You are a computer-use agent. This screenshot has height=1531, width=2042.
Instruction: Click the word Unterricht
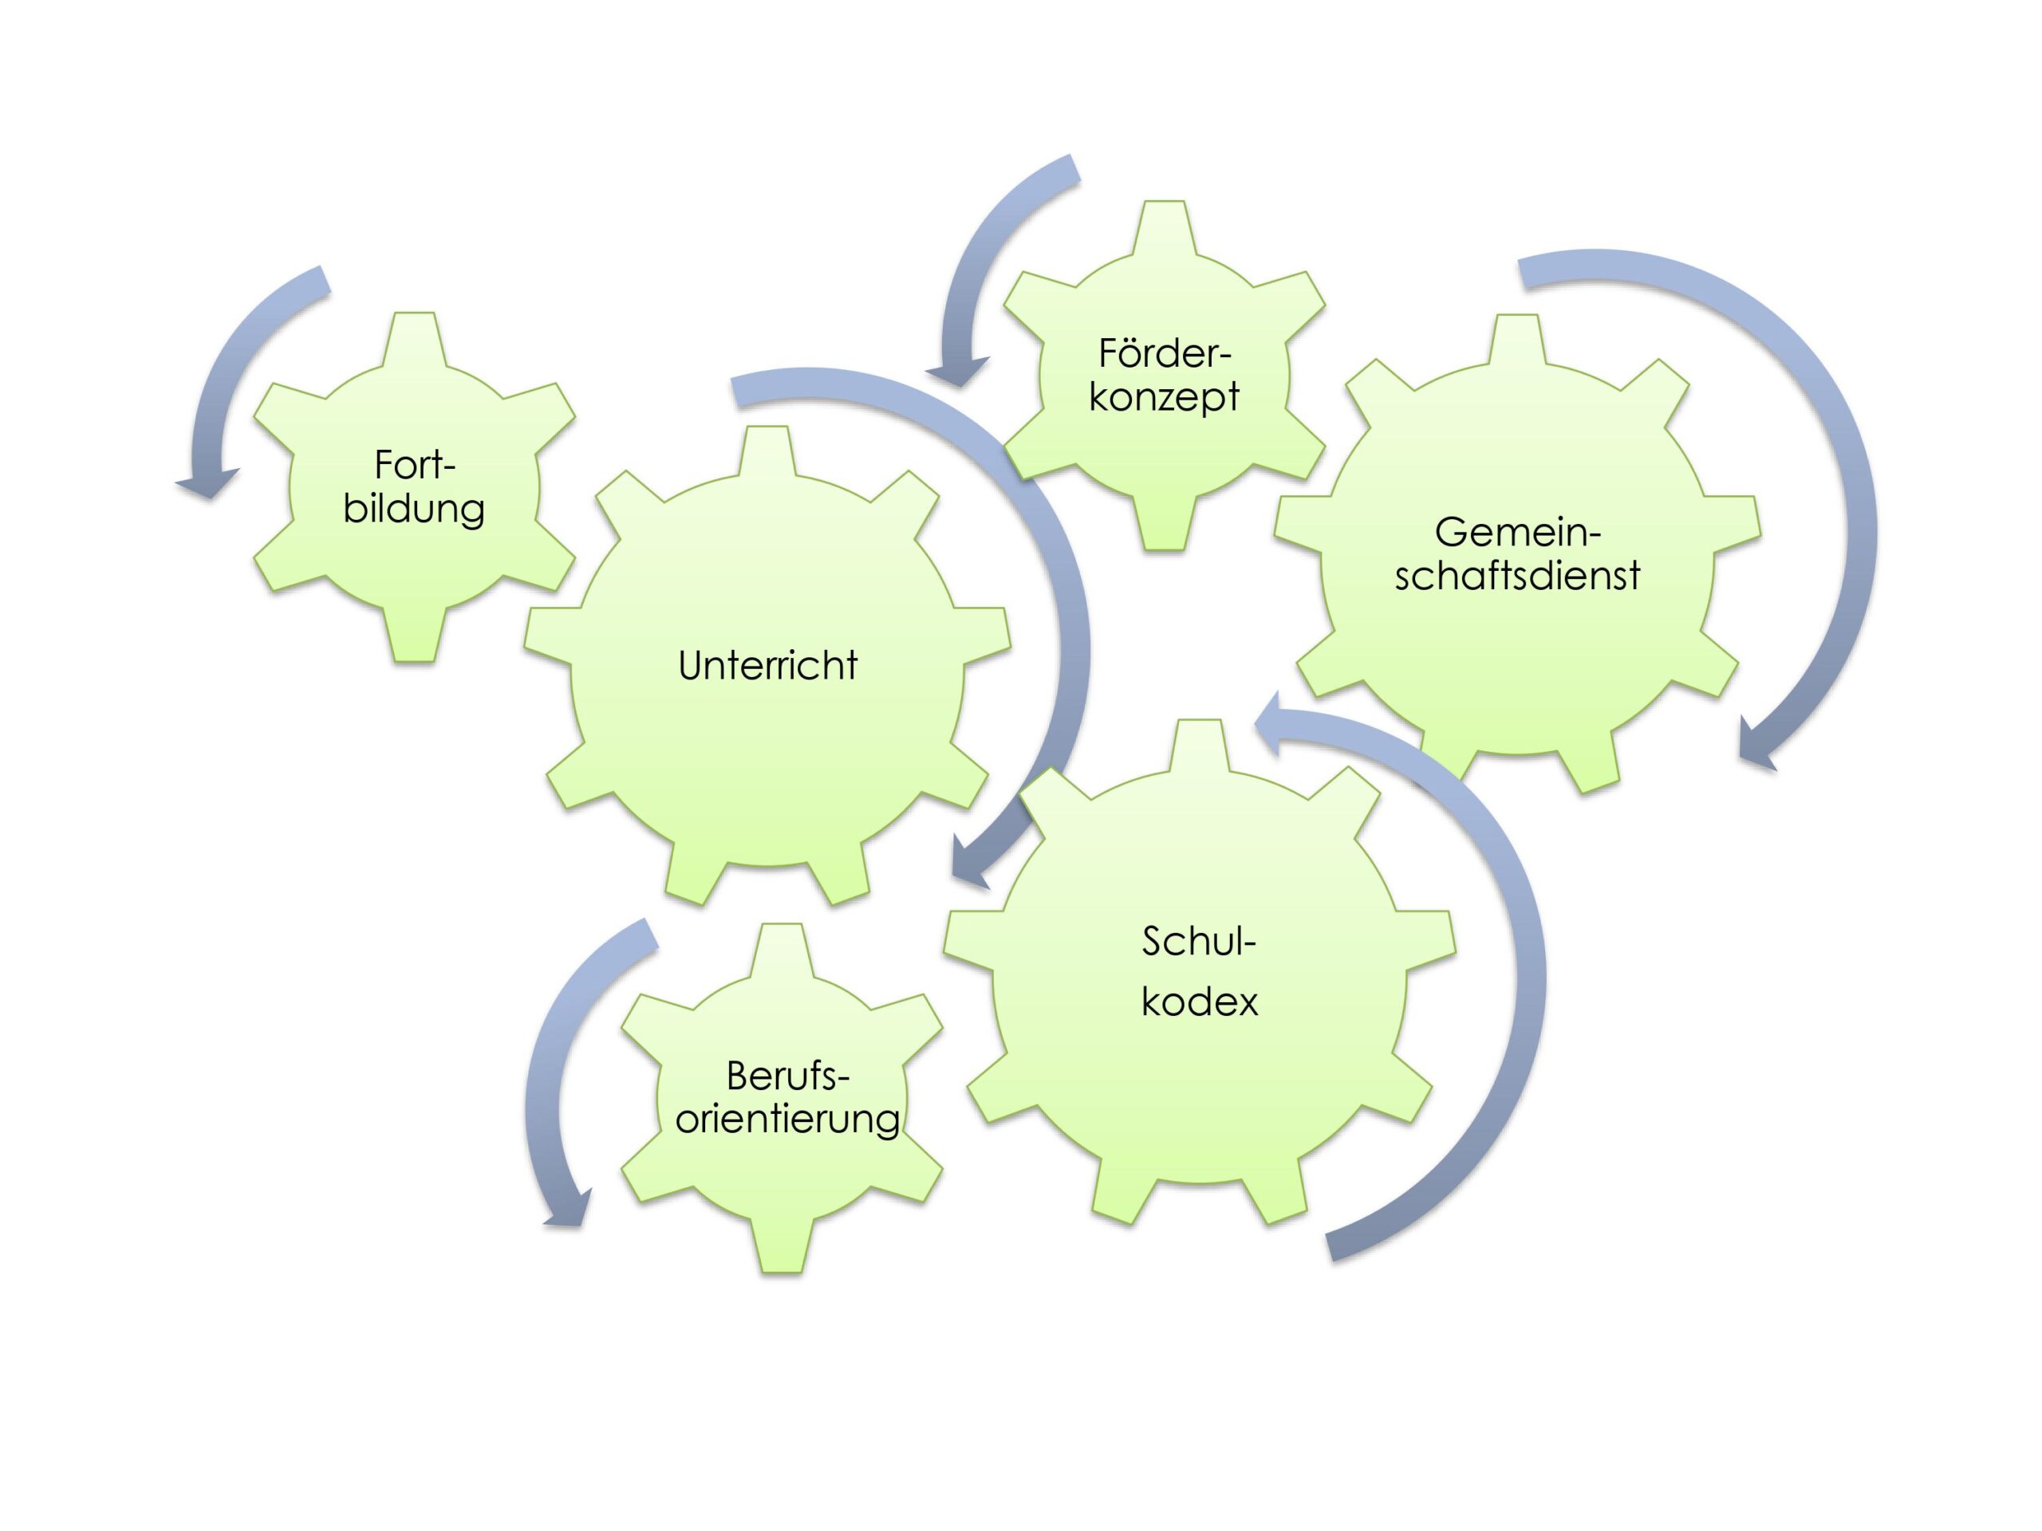(x=767, y=665)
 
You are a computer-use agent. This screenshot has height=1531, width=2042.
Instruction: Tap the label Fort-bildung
(x=415, y=487)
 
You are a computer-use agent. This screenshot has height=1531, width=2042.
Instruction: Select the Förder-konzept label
(x=1164, y=375)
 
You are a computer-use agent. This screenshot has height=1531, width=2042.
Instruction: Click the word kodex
(x=1199, y=1002)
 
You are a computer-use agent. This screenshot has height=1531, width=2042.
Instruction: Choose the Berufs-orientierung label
(x=787, y=1096)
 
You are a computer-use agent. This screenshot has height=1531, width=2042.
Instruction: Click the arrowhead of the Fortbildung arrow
(x=207, y=485)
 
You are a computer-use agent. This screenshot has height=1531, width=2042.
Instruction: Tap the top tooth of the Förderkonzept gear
(x=1164, y=226)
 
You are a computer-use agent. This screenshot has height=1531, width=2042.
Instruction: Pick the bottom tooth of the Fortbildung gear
(x=415, y=637)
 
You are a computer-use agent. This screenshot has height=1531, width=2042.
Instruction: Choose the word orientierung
(x=787, y=1119)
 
